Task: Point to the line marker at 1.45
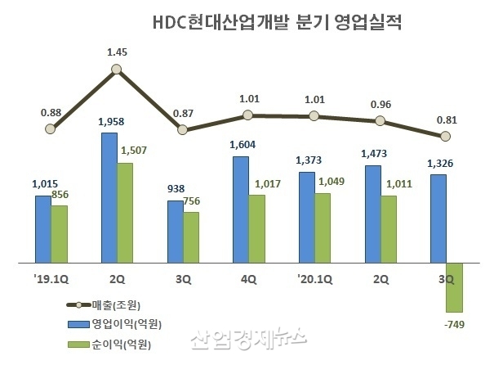point(118,70)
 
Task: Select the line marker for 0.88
point(51,128)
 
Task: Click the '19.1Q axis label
point(51,279)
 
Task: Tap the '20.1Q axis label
point(315,279)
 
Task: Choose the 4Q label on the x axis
point(249,279)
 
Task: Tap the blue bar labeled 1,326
point(438,219)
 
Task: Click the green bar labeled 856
point(60,234)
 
